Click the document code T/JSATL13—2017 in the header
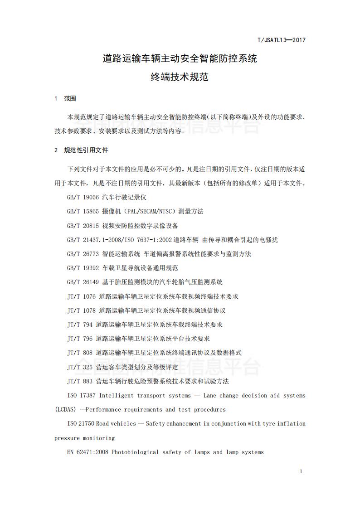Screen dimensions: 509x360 pyautogui.click(x=281, y=40)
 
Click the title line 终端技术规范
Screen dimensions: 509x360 pyautogui.click(x=180, y=77)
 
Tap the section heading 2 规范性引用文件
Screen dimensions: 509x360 pyautogui.click(x=81, y=150)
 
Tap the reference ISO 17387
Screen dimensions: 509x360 pyautogui.click(x=81, y=396)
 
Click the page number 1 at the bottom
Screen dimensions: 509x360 pyautogui.click(x=301, y=472)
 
